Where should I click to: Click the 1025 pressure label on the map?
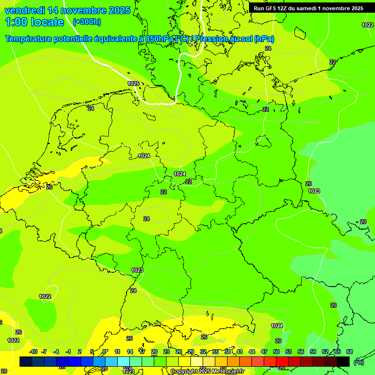pyautogui.click(x=133, y=83)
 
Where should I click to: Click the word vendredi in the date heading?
pyautogui.click(x=24, y=10)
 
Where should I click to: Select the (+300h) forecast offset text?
pyautogui.click(x=86, y=22)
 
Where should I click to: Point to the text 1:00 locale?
pyautogui.click(x=34, y=22)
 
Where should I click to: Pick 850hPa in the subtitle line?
pyautogui.click(x=159, y=39)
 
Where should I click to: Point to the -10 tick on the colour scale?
pyautogui.click(x=33, y=352)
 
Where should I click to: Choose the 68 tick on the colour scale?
pyautogui.click(x=350, y=352)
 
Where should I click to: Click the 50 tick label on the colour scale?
pyautogui.click(x=276, y=352)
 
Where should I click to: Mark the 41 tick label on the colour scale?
pyautogui.click(x=240, y=352)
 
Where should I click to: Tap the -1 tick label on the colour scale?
pyautogui.click(x=68, y=352)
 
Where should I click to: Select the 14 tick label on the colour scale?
pyautogui.click(x=130, y=352)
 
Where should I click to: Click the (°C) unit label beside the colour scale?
pyautogui.click(x=359, y=362)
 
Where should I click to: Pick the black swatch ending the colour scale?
pyautogui.click(x=343, y=361)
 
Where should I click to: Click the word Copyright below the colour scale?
pyautogui.click(x=184, y=372)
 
